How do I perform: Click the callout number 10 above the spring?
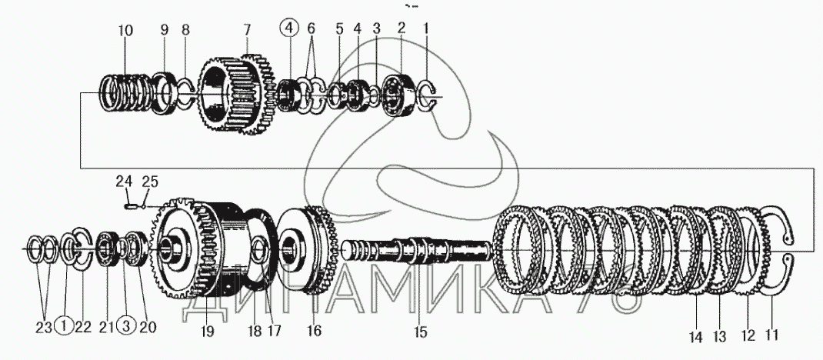point(125,31)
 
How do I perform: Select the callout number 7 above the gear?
point(246,31)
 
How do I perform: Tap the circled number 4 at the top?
point(288,30)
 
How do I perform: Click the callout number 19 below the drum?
point(207,332)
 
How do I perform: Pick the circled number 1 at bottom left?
point(65,326)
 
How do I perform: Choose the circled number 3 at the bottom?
point(125,326)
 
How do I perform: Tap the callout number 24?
point(125,182)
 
